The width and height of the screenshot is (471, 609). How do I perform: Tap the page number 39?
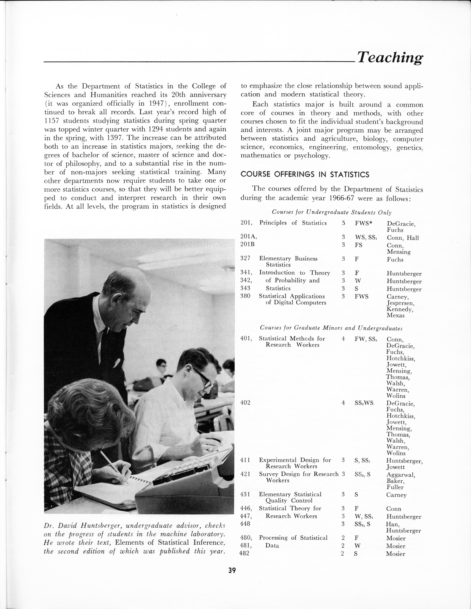[x=232, y=570]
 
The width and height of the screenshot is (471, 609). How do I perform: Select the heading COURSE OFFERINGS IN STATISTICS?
[x=305, y=175]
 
